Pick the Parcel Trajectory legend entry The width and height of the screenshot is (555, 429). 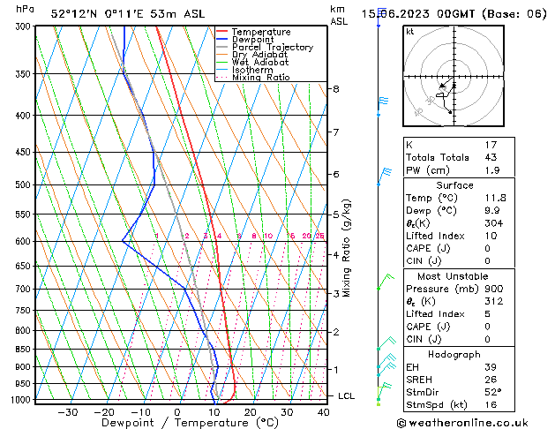[x=272, y=48]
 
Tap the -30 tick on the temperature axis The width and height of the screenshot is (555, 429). [x=66, y=412]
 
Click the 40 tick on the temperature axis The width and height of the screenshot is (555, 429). [x=323, y=412]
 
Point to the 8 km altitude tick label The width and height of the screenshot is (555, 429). [x=336, y=89]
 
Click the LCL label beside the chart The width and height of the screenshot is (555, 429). [x=347, y=396]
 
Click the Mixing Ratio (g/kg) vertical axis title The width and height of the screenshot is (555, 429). [x=347, y=247]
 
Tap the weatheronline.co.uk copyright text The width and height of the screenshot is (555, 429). [x=474, y=422]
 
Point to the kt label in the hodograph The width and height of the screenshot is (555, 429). [x=410, y=32]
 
